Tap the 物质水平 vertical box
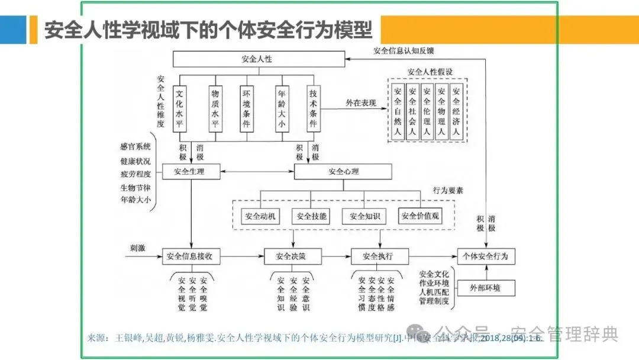(x=215, y=109)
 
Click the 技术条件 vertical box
(x=314, y=109)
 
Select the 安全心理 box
(x=343, y=172)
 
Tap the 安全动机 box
(x=259, y=216)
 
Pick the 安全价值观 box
(x=420, y=216)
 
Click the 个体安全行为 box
(x=486, y=256)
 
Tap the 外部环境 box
(x=485, y=288)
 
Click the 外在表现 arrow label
(x=360, y=103)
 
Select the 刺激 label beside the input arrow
(x=138, y=248)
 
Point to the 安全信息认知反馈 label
(x=402, y=50)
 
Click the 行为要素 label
(x=448, y=191)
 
